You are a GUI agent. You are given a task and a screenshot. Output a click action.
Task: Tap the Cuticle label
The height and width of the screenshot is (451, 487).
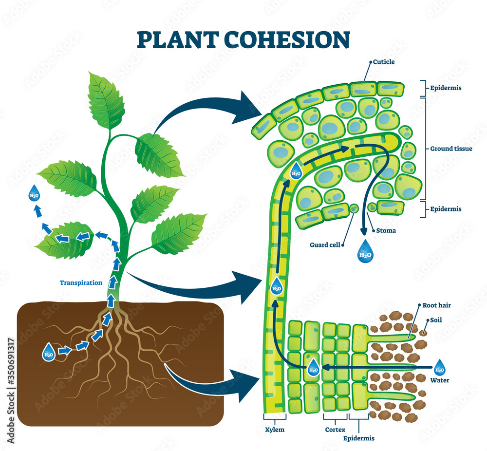tap(384, 62)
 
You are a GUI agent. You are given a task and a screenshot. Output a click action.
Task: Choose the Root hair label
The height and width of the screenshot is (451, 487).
tap(437, 305)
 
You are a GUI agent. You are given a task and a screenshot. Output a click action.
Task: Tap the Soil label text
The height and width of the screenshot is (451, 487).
tap(435, 320)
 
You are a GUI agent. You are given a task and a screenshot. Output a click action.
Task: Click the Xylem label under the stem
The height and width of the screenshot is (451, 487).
tap(274, 430)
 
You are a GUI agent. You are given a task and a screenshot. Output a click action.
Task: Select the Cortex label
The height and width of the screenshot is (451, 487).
tap(335, 430)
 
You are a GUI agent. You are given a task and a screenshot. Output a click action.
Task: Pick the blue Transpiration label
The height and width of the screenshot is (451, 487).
tap(81, 282)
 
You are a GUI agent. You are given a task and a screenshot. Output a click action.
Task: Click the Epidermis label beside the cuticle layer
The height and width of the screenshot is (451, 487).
tap(446, 88)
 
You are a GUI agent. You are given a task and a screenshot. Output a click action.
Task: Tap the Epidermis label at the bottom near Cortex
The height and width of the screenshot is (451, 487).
tap(359, 438)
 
